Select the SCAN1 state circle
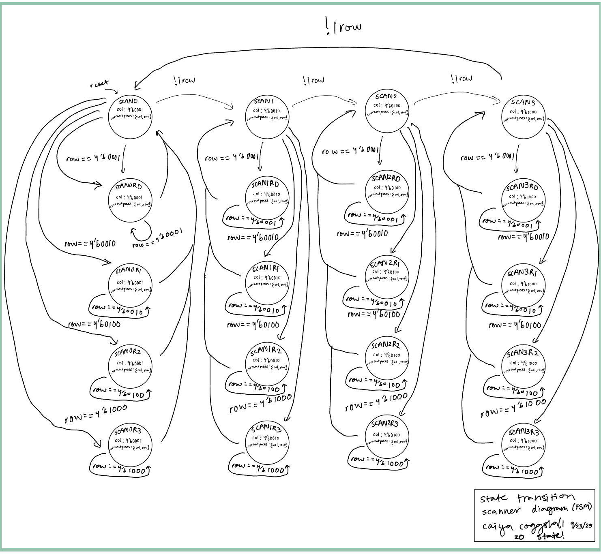(x=267, y=117)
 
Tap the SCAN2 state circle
(x=386, y=111)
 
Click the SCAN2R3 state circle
(x=387, y=438)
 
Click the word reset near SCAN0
(x=99, y=84)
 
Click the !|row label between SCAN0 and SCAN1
(x=185, y=80)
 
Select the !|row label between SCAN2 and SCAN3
(x=461, y=78)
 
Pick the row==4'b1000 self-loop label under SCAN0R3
(x=120, y=468)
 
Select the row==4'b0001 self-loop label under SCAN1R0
(x=252, y=220)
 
